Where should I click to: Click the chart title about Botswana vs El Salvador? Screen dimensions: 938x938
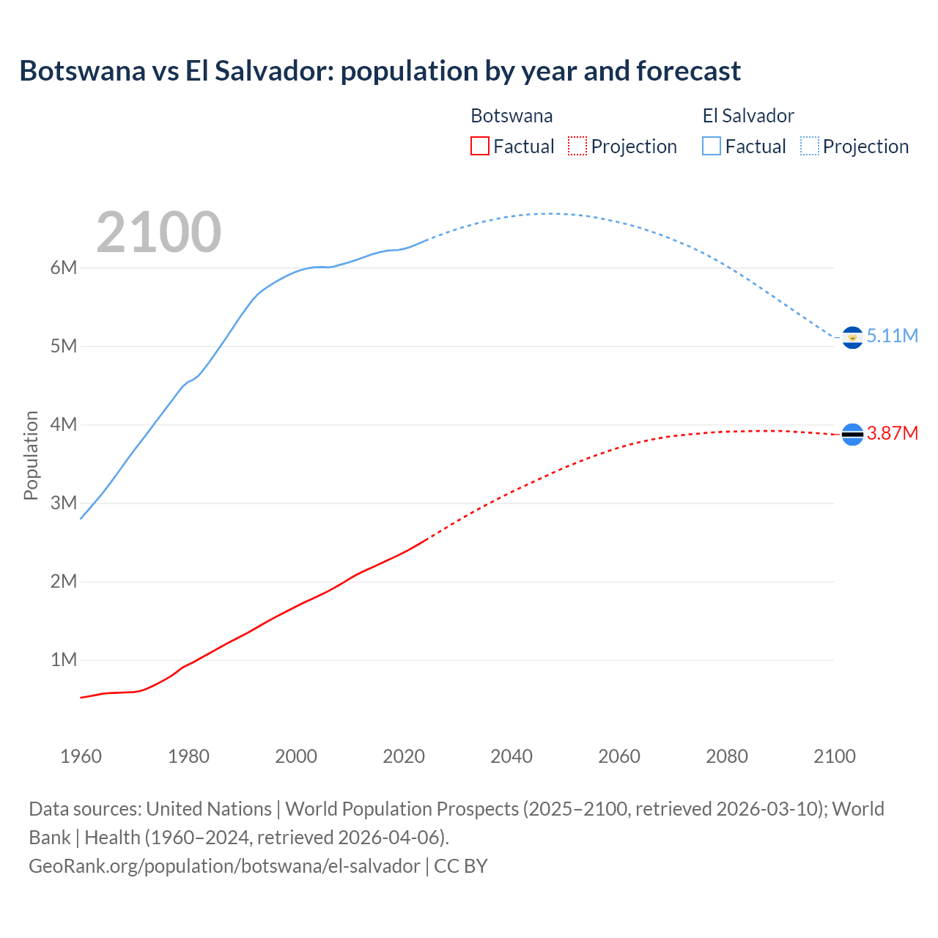[380, 71]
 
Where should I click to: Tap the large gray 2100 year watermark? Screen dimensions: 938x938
[158, 232]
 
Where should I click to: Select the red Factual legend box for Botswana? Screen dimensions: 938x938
[479, 146]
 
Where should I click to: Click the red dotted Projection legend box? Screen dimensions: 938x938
[577, 146]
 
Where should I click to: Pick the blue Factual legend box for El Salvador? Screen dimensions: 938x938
[712, 146]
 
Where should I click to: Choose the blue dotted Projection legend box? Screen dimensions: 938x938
[809, 146]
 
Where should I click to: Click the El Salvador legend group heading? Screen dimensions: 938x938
[748, 116]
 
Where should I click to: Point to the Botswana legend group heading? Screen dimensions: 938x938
[512, 116]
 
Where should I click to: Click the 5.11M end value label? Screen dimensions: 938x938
[892, 336]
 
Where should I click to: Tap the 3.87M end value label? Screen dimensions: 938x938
[892, 433]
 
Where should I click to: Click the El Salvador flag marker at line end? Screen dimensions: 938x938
[852, 337]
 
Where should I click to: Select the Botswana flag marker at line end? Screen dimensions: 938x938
[852, 435]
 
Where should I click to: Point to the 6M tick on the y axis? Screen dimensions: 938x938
[64, 267]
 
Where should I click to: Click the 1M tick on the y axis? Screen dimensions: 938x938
[64, 660]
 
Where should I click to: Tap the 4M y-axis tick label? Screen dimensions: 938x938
[64, 424]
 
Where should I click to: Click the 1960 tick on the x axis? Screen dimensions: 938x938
[81, 756]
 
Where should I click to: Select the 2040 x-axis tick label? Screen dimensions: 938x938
[512, 756]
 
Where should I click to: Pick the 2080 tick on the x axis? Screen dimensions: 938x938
[727, 756]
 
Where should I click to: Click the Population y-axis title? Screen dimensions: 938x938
[31, 455]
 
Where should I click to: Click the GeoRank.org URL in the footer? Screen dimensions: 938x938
[224, 865]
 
